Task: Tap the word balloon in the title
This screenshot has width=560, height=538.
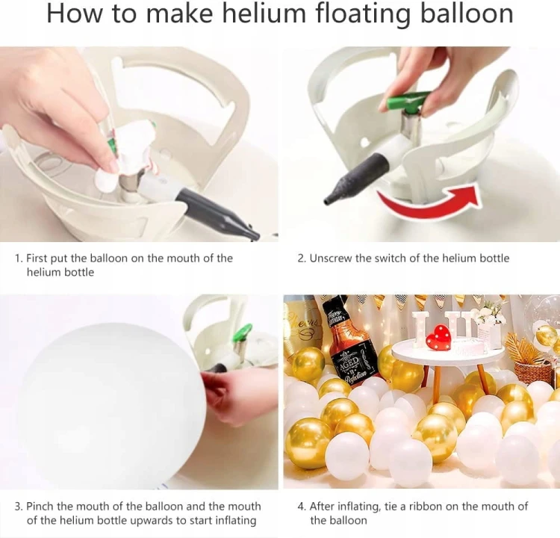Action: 467,13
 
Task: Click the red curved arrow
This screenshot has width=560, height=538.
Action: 429,200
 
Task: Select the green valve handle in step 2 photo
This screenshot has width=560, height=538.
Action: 406,99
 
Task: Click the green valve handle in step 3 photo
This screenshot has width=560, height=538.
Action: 243,332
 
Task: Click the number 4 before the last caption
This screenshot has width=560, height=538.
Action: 302,507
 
